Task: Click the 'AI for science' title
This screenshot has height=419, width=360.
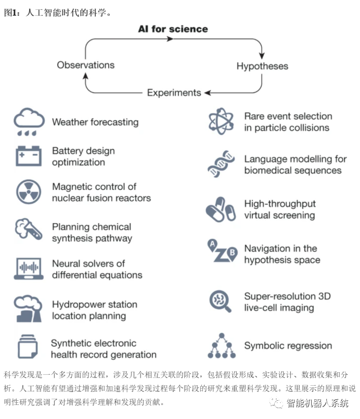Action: [173, 29]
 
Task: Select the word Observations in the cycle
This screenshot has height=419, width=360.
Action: [86, 65]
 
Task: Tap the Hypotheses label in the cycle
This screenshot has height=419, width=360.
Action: [262, 66]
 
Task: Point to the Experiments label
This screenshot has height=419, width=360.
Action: [174, 93]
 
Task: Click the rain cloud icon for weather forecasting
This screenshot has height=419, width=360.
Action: [29, 122]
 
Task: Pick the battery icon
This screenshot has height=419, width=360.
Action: [29, 156]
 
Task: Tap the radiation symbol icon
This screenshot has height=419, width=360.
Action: [29, 192]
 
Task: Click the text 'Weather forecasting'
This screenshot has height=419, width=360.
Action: [95, 122]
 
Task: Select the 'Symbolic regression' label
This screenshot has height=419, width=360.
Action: [288, 346]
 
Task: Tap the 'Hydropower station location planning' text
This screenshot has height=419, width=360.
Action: [94, 310]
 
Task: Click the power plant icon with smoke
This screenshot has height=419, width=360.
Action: [29, 308]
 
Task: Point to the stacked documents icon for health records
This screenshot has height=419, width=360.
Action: [29, 347]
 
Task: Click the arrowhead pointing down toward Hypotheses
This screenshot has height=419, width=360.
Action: [262, 54]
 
